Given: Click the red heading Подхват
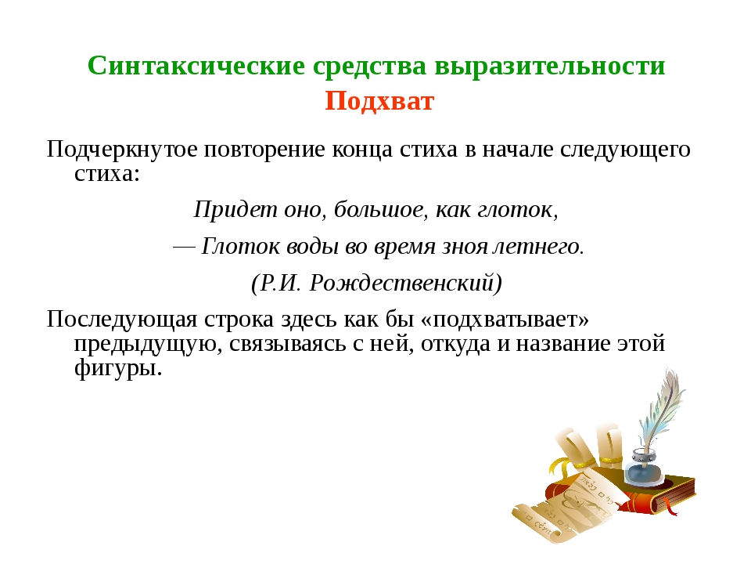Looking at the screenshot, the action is pos(379,101).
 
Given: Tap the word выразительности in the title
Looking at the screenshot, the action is pos(550,66).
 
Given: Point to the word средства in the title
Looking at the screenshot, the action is pos(369,66).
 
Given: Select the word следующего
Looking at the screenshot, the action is pos(626,150).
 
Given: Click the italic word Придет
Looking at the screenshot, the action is pos(235,210).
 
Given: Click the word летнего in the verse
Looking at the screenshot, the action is pos(538,247).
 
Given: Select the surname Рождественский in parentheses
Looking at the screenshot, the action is pos(405,283).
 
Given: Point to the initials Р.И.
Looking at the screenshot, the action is pos(280,283).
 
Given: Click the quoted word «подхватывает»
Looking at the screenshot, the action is pos(505,320).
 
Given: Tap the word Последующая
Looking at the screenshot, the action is pos(122,320).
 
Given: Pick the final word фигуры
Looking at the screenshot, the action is pos(118,368).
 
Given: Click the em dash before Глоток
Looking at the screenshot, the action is pos(184,248).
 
